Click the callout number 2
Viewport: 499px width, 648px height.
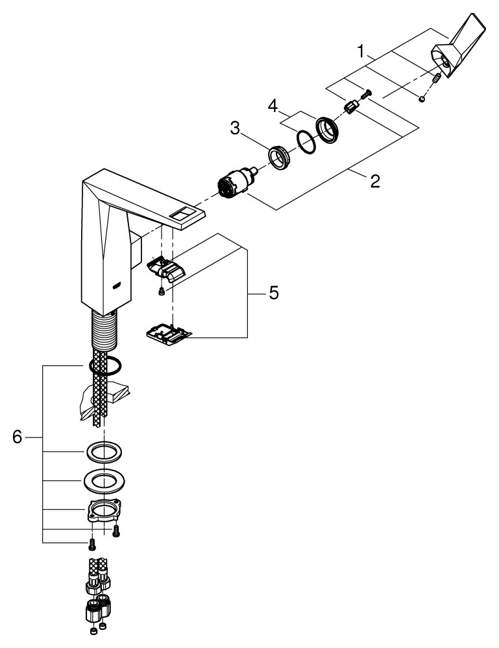coord(374,181)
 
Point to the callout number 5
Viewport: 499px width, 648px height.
coord(274,293)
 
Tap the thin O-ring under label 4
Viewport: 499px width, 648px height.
coord(305,141)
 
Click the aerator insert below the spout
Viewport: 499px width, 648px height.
coord(166,270)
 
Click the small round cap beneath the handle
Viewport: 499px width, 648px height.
coord(422,98)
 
